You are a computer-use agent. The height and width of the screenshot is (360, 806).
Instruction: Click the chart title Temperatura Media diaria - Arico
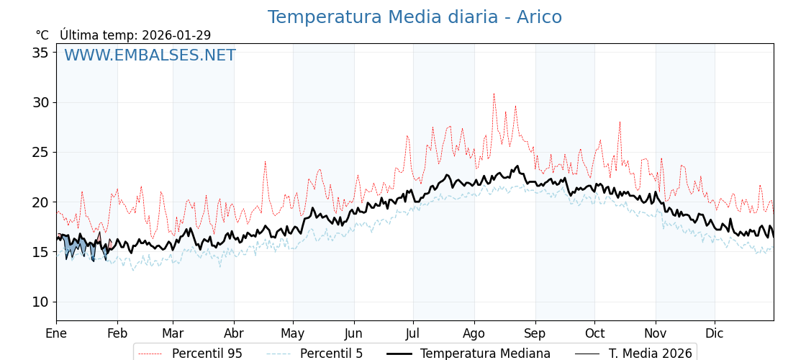pyautogui.click(x=415, y=17)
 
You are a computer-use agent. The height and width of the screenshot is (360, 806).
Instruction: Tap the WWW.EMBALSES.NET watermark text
pyautogui.click(x=150, y=55)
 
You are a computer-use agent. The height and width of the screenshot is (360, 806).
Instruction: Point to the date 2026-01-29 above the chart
pyautogui.click(x=176, y=35)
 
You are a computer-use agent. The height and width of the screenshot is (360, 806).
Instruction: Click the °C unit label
pyautogui.click(x=42, y=35)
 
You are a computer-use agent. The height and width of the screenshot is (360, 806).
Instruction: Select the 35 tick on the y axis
pyautogui.click(x=40, y=53)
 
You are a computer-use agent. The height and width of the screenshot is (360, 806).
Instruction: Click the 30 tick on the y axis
pyautogui.click(x=40, y=102)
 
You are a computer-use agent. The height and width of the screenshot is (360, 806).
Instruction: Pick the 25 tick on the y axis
pyautogui.click(x=40, y=152)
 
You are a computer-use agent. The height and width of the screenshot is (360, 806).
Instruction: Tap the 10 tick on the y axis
pyautogui.click(x=40, y=302)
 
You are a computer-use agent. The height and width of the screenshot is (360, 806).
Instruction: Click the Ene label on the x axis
pyautogui.click(x=56, y=333)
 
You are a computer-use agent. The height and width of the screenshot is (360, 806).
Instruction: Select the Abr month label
pyautogui.click(x=233, y=333)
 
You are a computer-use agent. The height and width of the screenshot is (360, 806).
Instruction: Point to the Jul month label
pyautogui.click(x=413, y=333)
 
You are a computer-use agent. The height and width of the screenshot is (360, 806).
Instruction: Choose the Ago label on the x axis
pyautogui.click(x=474, y=333)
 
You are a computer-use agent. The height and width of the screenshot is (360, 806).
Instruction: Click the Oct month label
pyautogui.click(x=594, y=333)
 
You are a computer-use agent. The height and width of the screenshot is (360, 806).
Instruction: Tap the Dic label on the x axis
pyautogui.click(x=715, y=333)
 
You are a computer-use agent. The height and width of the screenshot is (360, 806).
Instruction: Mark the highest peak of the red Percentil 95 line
pyautogui.click(x=494, y=94)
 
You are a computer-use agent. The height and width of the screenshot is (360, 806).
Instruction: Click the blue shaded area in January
pyautogui.click(x=72, y=246)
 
